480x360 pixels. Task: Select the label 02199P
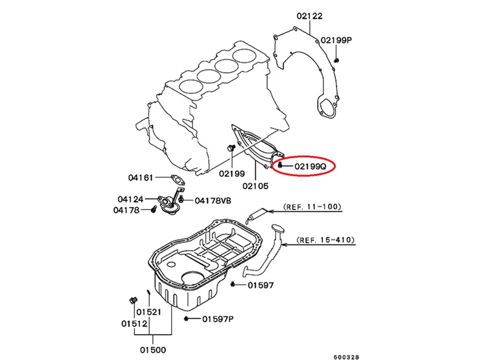click(x=335, y=40)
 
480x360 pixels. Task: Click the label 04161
click(x=141, y=178)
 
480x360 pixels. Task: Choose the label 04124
click(x=130, y=199)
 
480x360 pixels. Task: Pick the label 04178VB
click(x=212, y=199)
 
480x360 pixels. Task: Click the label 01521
click(x=148, y=312)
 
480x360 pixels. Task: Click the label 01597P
click(x=217, y=319)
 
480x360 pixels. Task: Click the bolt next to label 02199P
click(x=337, y=60)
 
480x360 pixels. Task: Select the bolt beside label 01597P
click(x=188, y=319)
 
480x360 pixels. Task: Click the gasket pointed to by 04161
click(x=176, y=179)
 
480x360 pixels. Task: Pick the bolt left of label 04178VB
click(x=181, y=199)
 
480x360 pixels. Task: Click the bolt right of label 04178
click(x=154, y=210)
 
